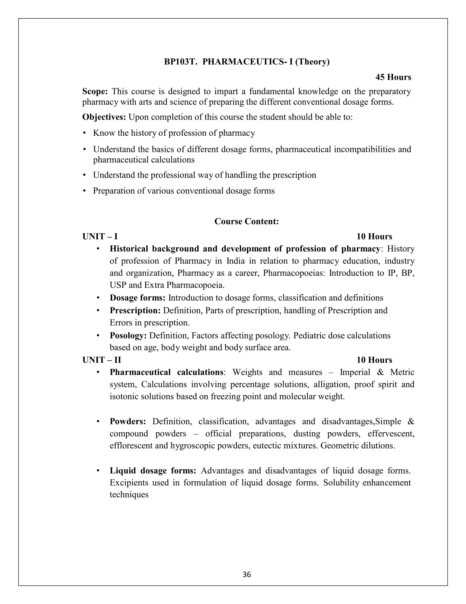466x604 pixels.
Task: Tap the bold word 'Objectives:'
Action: pyautogui.click(x=104, y=117)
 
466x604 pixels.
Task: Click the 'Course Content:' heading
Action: pyautogui.click(x=246, y=221)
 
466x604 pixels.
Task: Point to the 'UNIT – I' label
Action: pyautogui.click(x=100, y=236)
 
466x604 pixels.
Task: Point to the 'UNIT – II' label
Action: pyautogui.click(x=101, y=360)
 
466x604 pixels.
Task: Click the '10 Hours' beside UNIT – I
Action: pyautogui.click(x=374, y=236)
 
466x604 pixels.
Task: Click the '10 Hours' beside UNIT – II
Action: pyautogui.click(x=374, y=360)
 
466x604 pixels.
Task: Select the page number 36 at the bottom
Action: pyautogui.click(x=246, y=574)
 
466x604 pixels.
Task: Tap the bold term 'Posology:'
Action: pyautogui.click(x=128, y=336)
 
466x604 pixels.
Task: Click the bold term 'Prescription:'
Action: pyautogui.click(x=135, y=310)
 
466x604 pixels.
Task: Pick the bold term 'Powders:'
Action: pyautogui.click(x=128, y=421)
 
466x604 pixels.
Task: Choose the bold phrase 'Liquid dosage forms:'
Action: pyautogui.click(x=153, y=470)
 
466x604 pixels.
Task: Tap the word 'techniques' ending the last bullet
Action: pyautogui.click(x=129, y=495)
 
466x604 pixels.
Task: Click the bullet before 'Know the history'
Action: pyautogui.click(x=84, y=133)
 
